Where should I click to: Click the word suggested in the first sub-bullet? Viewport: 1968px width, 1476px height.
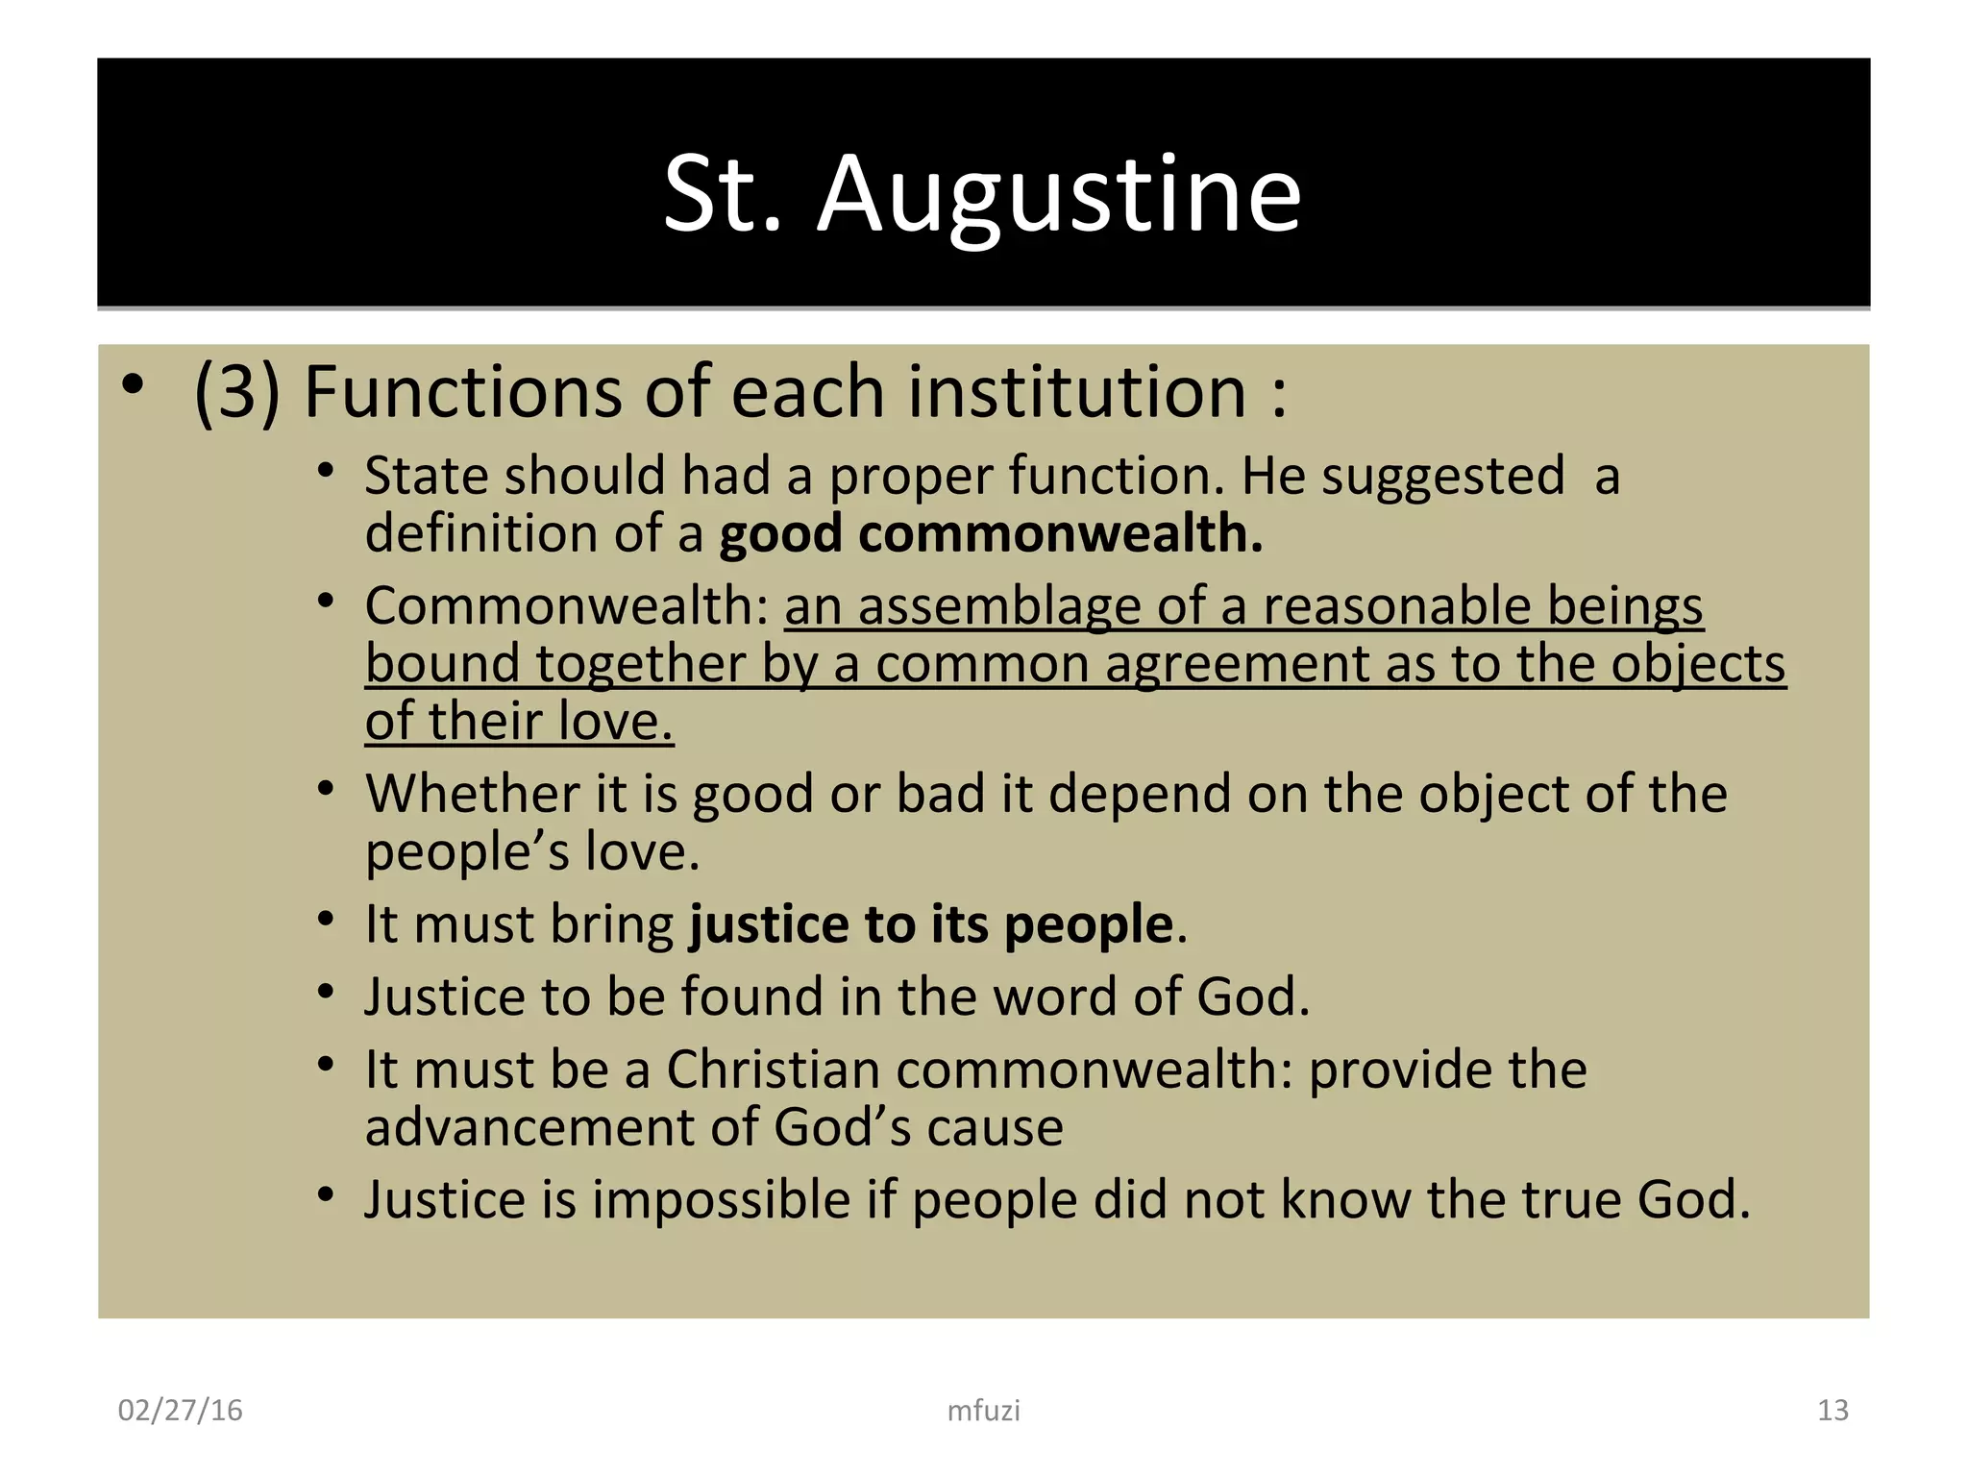click(1442, 477)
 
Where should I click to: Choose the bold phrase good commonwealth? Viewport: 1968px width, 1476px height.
click(991, 533)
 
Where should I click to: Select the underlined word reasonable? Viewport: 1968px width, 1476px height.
click(1396, 607)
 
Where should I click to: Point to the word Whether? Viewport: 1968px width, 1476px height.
click(472, 795)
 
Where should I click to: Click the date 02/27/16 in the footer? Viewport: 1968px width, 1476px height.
click(180, 1410)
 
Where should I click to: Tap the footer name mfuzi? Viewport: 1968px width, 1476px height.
click(983, 1411)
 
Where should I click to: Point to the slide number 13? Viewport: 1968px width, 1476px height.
click(1833, 1410)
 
